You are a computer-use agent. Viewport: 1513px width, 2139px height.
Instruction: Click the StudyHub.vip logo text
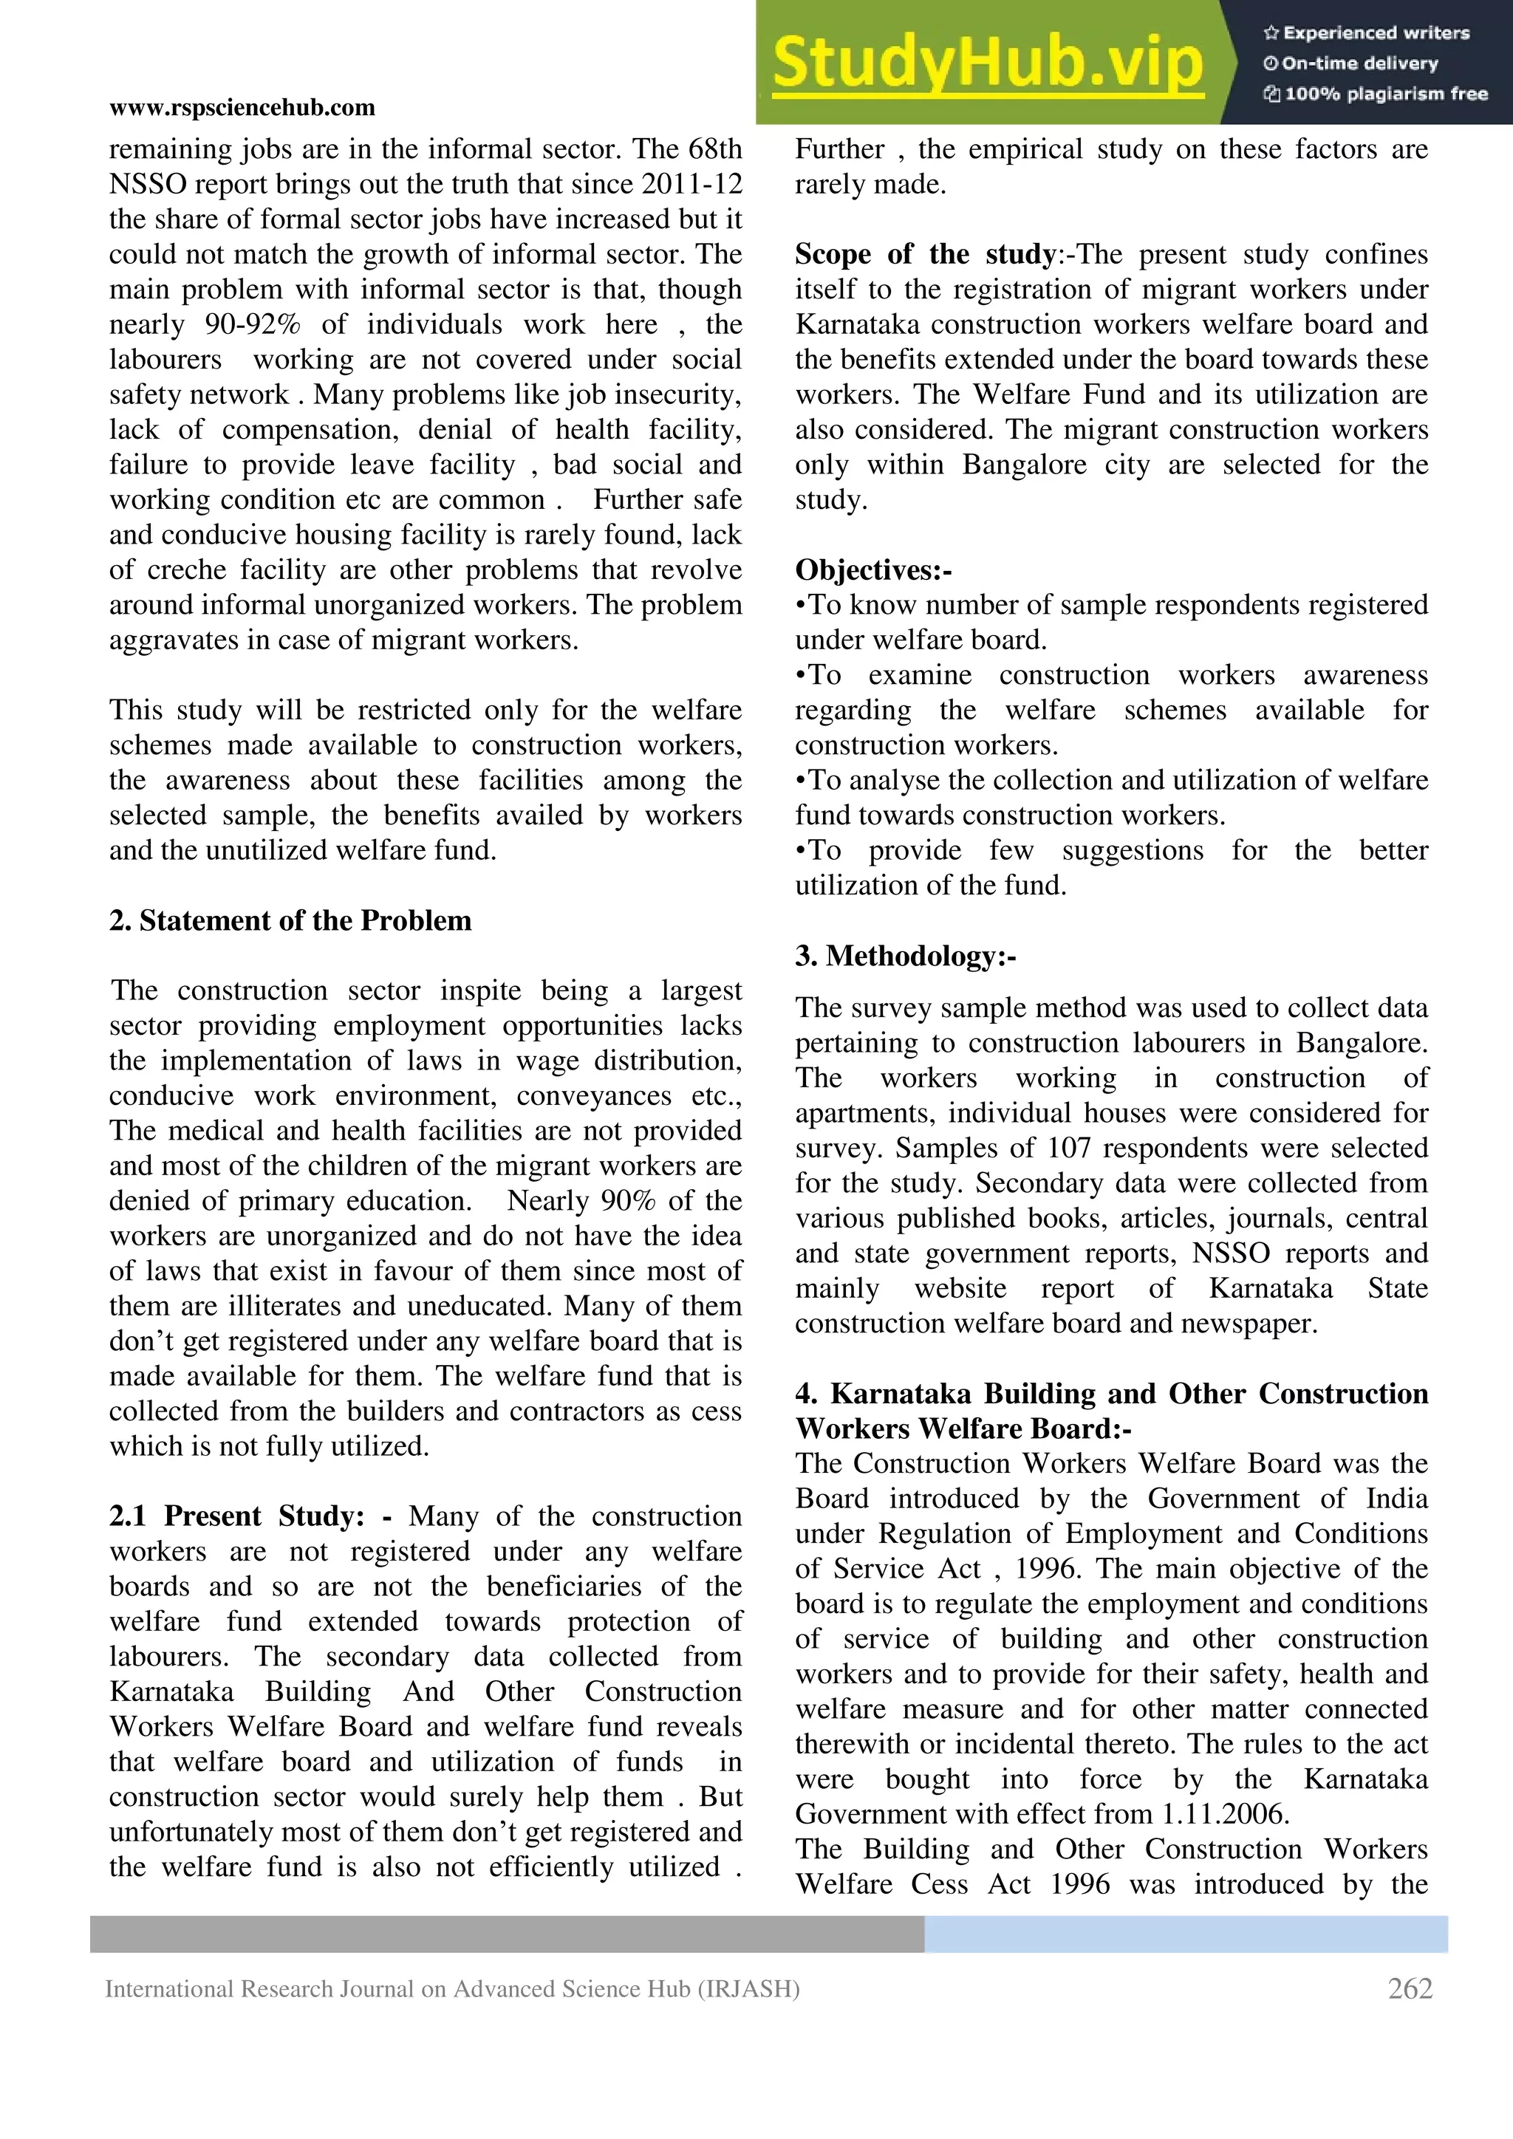(988, 64)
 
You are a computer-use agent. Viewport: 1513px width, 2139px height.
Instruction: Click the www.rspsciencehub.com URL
(242, 108)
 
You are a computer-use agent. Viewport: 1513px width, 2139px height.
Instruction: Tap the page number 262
(1410, 1988)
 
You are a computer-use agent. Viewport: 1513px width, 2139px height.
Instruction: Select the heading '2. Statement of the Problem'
(290, 920)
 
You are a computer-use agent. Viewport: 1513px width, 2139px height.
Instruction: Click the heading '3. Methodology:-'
(906, 956)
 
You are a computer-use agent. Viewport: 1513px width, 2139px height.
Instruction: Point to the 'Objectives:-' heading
(873, 570)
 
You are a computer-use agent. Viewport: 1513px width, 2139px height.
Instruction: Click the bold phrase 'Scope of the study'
(925, 254)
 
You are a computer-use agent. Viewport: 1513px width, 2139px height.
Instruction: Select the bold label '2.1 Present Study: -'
(250, 1516)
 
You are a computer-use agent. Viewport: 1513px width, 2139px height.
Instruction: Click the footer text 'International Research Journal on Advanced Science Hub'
(452, 1989)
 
